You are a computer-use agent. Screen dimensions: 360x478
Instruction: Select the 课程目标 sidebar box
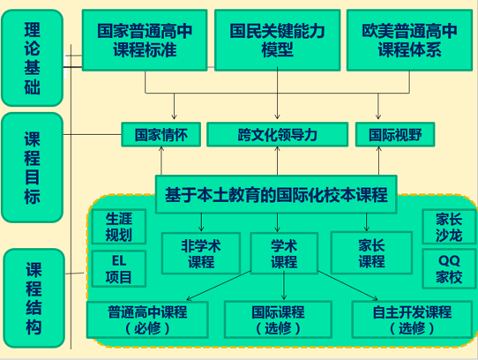click(32, 168)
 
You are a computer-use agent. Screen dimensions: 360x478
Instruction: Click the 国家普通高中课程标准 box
click(146, 41)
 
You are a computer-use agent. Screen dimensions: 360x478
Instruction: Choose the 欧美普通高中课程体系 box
click(408, 41)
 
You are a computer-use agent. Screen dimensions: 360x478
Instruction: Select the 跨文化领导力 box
click(277, 135)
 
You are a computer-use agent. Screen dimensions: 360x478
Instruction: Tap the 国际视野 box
click(382, 135)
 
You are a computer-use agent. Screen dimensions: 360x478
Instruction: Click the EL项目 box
click(119, 269)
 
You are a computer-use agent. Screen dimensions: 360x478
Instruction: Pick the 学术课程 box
click(283, 253)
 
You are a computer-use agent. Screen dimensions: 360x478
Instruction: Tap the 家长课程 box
click(370, 253)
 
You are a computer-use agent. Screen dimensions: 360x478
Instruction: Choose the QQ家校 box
click(447, 268)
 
